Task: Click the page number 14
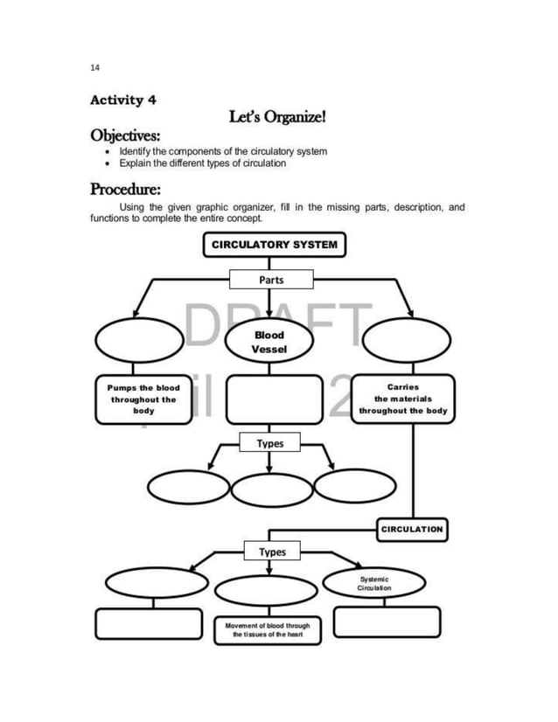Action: (94, 67)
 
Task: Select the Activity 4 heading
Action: (123, 100)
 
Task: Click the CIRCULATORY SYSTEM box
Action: (275, 245)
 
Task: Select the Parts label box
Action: (271, 280)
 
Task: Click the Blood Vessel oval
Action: (269, 341)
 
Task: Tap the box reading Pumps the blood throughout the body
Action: (143, 399)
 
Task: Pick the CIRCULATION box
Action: (412, 529)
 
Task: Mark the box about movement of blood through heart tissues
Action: (268, 630)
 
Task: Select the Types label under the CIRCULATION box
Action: (271, 552)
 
